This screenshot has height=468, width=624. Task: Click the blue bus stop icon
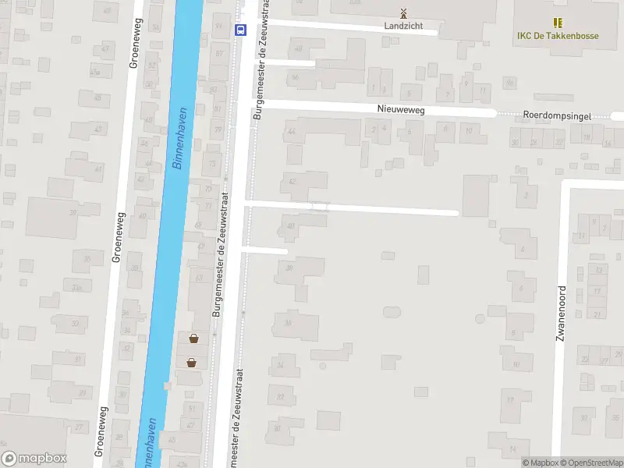(x=239, y=30)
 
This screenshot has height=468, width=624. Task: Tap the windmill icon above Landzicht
(x=403, y=12)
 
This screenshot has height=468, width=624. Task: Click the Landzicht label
(x=403, y=26)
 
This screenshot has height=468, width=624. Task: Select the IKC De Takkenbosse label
(x=558, y=36)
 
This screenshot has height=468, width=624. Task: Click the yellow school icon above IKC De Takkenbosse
(x=558, y=23)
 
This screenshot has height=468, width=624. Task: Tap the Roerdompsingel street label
(x=557, y=115)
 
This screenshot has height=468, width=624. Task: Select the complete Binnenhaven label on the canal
(x=179, y=139)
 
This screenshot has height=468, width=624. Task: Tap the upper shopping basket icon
(x=193, y=339)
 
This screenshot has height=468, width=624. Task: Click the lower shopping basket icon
(x=191, y=362)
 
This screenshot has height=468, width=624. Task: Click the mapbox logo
(x=34, y=459)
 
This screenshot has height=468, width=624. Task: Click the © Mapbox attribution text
(x=541, y=463)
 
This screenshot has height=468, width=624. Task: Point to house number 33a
(x=76, y=288)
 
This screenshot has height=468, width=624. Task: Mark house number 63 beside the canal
(x=199, y=277)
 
